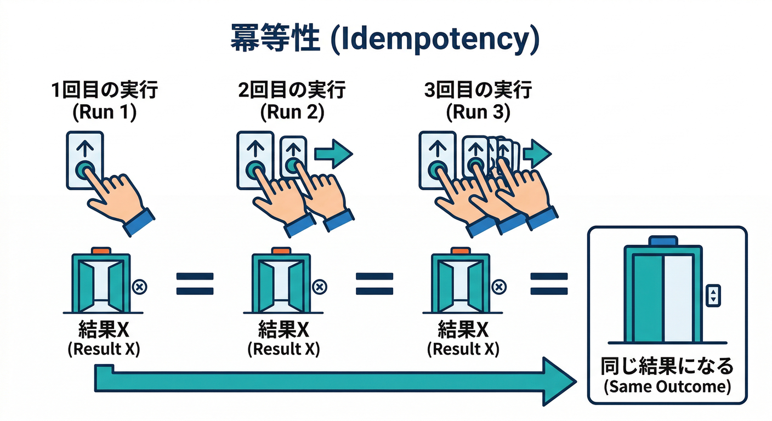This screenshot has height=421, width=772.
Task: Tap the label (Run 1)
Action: [104, 112]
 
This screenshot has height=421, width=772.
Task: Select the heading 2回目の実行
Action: [292, 89]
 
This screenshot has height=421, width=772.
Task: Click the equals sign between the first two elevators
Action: [195, 285]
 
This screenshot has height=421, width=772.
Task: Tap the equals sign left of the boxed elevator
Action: [548, 285]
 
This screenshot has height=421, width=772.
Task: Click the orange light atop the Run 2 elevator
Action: [281, 251]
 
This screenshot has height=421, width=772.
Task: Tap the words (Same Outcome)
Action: [667, 386]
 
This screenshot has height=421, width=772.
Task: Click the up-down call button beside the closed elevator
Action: [713, 295]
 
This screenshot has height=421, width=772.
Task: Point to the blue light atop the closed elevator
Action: [663, 241]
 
